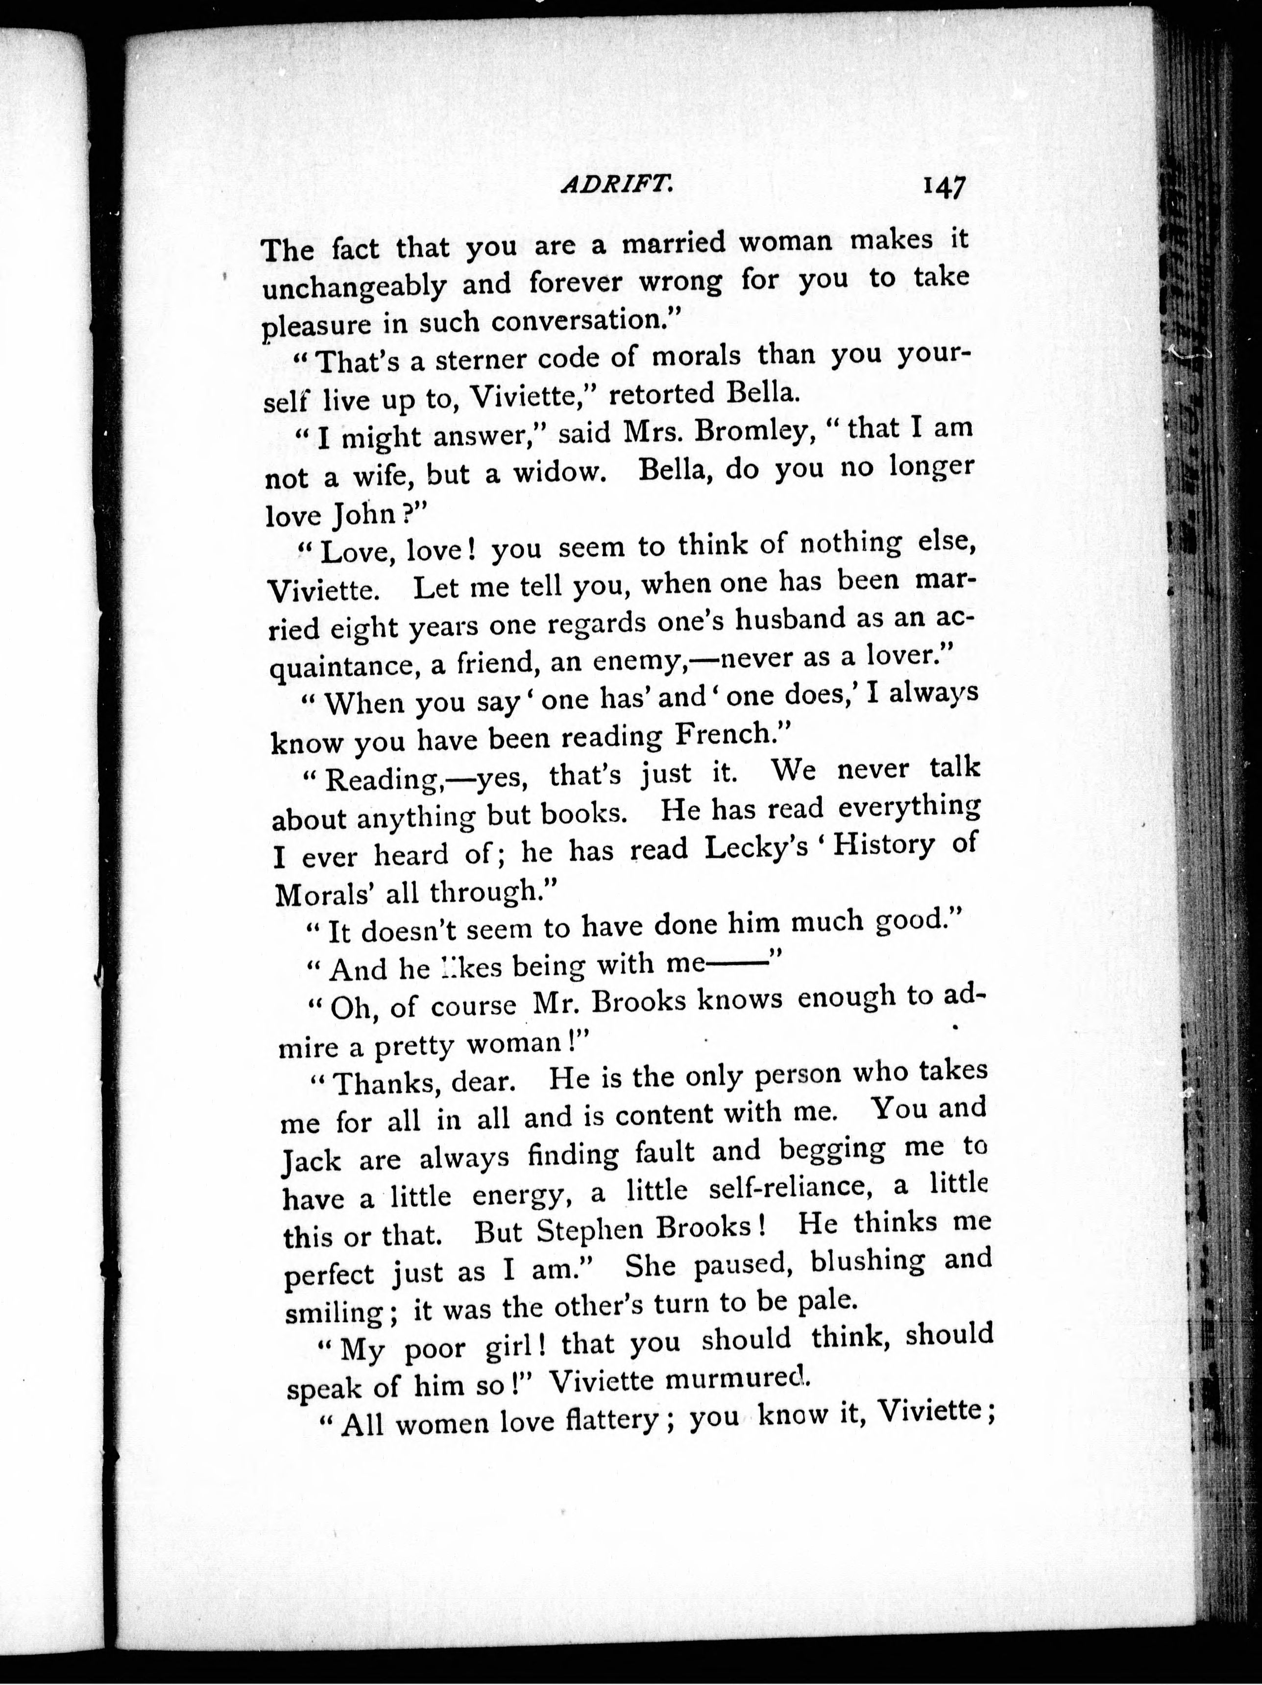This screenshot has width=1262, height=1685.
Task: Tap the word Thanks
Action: [x=385, y=1081]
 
